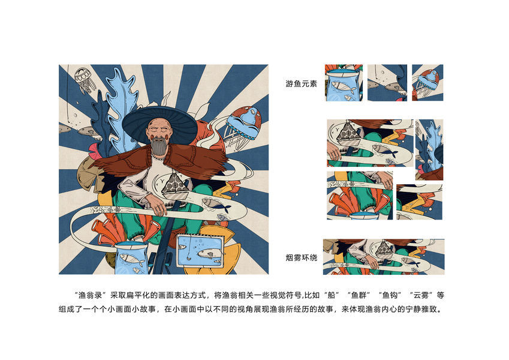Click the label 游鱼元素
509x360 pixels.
pos(301,84)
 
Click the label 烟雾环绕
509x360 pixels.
pos(301,258)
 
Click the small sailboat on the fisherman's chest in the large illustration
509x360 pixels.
pos(174,187)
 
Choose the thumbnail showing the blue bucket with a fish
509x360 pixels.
pos(344,83)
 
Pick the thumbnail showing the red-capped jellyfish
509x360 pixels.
pos(427,83)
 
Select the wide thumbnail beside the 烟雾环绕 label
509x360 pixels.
pos(384,257)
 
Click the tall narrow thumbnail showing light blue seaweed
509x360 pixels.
pos(429,150)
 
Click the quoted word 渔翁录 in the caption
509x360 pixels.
pos(91,295)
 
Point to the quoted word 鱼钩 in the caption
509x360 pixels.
pos(390,295)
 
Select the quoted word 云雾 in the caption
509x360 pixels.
pos(421,295)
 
